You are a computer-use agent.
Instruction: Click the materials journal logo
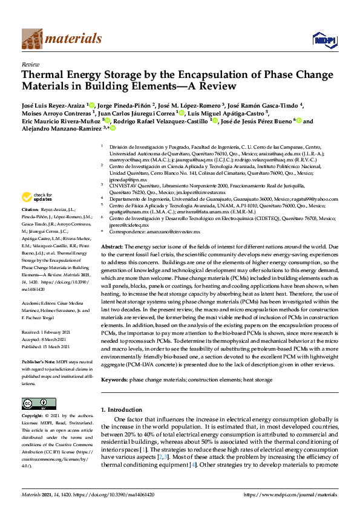pyautogui.click(x=61, y=39)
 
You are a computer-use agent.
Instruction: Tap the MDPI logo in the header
pyautogui.click(x=324, y=40)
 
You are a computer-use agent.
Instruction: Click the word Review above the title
pyautogui.click(x=30, y=63)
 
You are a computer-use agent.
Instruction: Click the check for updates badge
pyautogui.click(x=38, y=198)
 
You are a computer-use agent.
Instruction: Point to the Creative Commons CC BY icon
pyautogui.click(x=34, y=404)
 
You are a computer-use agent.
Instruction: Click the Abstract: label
pyautogui.click(x=112, y=230)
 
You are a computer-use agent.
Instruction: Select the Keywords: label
pyautogui.click(x=116, y=379)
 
